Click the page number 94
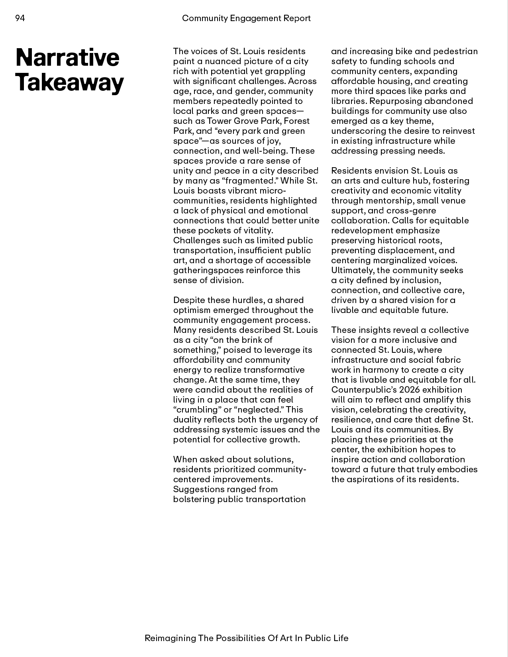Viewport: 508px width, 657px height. [x=20, y=18]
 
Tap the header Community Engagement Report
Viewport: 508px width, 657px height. [x=246, y=18]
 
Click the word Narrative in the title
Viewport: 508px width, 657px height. [x=67, y=57]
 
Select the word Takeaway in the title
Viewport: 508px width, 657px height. [x=70, y=82]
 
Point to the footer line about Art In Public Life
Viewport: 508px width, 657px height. [x=246, y=638]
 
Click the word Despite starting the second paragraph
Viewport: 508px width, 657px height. [x=189, y=300]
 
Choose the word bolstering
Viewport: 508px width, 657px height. [x=194, y=499]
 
